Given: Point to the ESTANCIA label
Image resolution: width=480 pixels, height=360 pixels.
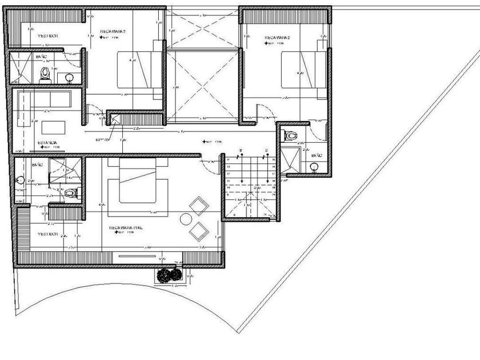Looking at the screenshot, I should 47,142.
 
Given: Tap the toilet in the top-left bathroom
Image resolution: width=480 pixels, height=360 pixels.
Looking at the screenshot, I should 46,73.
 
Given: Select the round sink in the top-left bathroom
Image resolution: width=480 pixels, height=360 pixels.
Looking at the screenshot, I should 69,76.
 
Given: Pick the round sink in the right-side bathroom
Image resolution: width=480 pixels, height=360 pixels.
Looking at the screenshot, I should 314,166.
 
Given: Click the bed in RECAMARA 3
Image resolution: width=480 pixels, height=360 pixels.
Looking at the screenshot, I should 139,69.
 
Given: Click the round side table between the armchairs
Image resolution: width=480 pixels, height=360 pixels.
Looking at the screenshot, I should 186,218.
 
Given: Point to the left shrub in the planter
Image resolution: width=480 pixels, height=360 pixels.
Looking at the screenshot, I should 165,275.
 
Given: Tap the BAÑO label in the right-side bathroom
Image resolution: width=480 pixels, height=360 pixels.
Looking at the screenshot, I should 316,155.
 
